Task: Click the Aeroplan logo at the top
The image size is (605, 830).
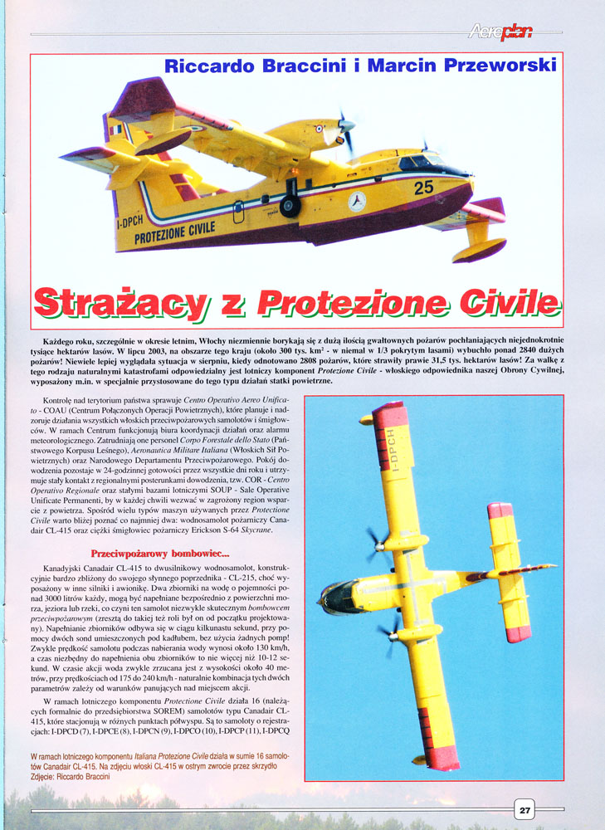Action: click(500, 32)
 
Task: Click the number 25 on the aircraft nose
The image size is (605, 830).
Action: click(423, 188)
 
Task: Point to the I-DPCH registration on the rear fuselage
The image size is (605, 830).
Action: click(131, 225)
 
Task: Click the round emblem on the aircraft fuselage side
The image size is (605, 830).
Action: click(357, 201)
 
